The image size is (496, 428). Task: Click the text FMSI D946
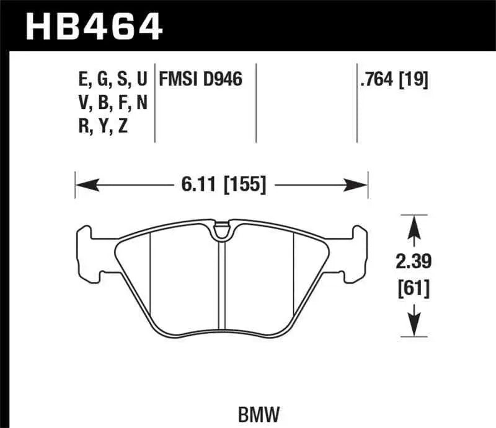tap(200, 79)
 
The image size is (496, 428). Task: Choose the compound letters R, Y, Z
tap(102, 126)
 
